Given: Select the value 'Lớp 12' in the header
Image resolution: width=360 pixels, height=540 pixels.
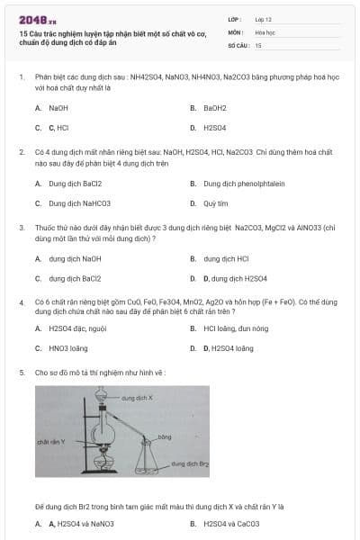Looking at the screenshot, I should [x=265, y=18].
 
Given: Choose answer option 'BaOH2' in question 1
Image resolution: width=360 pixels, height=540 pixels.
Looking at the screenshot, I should [x=214, y=107].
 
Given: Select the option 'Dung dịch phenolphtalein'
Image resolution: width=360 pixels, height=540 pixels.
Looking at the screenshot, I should [x=244, y=183].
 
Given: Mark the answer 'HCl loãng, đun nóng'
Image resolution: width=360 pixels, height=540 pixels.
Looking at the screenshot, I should [x=236, y=328].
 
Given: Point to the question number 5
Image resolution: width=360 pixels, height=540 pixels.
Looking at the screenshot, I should [x=21, y=372].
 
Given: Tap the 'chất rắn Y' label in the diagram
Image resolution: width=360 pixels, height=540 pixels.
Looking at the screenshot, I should [x=49, y=442].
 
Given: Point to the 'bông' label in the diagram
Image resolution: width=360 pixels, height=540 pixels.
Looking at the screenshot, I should [x=164, y=436].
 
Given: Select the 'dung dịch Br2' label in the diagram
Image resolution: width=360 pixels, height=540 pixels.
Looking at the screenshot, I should [x=191, y=463].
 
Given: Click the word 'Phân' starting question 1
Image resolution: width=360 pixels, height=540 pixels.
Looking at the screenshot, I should [x=43, y=77].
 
